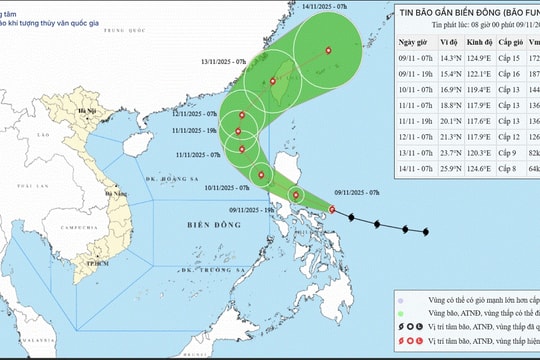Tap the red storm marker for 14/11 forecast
tap(329, 51)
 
